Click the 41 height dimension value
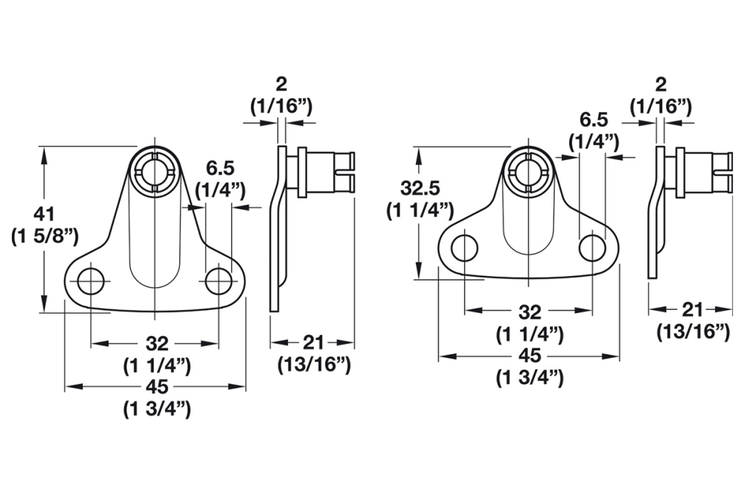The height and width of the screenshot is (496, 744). [45, 215]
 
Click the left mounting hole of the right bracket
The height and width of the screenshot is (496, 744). [464, 248]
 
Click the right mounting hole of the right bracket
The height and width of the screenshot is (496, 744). [592, 248]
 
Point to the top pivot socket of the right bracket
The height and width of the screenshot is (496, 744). [529, 168]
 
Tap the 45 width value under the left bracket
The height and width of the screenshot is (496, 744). [156, 387]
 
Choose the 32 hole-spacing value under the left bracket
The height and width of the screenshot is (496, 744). [156, 343]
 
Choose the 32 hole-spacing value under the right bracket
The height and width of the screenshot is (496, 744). [530, 311]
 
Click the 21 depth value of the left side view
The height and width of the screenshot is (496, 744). [312, 342]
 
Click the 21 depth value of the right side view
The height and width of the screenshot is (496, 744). [692, 309]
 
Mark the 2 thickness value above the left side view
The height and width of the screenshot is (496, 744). [280, 83]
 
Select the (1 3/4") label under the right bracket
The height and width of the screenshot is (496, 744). [530, 378]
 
